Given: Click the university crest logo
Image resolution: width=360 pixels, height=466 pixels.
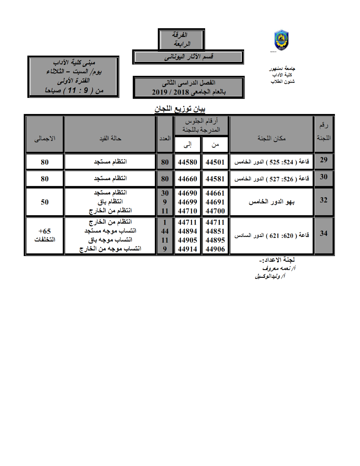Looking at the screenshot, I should [x=281, y=40].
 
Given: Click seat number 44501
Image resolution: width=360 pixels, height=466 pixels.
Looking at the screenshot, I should [x=215, y=162].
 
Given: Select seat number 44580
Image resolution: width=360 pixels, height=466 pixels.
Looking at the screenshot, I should [x=187, y=162].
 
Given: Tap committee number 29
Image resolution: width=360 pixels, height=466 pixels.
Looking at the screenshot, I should [x=324, y=160].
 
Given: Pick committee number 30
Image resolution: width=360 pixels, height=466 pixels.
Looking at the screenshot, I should [x=324, y=177].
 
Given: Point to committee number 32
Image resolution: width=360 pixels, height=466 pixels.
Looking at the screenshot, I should [x=324, y=200].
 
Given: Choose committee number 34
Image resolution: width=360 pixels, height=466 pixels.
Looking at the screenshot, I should [x=324, y=234].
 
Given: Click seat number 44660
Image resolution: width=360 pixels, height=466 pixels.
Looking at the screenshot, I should [x=187, y=179].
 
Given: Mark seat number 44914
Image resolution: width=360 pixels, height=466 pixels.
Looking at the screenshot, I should [x=187, y=249].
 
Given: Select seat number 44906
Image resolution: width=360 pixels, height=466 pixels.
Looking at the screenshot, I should [x=215, y=249].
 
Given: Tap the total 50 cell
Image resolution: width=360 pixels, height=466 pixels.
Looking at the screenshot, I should [x=45, y=202].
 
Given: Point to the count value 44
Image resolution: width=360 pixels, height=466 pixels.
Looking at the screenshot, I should [x=165, y=231].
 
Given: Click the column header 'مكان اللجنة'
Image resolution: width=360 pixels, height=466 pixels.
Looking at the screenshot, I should [x=271, y=138].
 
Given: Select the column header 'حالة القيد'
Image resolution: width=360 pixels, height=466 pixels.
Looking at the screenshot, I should [x=110, y=138].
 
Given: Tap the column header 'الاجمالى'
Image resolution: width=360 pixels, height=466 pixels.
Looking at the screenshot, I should [x=45, y=138].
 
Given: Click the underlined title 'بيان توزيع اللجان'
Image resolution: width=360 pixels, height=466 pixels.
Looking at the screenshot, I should [x=180, y=109].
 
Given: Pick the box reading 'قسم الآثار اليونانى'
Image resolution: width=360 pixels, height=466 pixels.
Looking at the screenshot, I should [x=188, y=57].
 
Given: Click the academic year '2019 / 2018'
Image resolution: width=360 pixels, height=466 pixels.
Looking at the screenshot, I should [x=170, y=92].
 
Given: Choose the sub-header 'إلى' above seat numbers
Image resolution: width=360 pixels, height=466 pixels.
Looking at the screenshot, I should [x=187, y=145].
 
